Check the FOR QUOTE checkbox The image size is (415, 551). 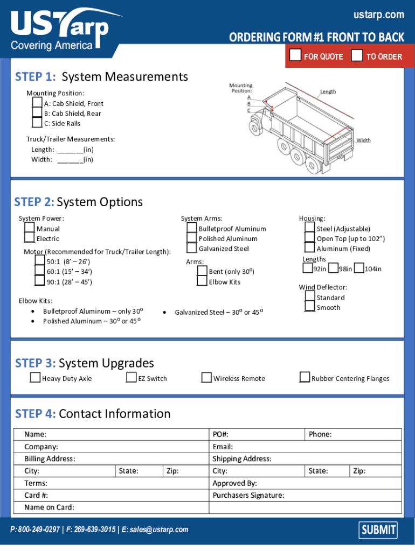click(x=295, y=55)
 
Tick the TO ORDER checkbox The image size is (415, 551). click(x=357, y=55)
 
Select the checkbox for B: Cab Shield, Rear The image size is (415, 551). click(x=37, y=113)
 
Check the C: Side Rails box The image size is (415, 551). click(x=37, y=123)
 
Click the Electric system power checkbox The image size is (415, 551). click(x=29, y=238)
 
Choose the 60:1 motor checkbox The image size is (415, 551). click(x=39, y=271)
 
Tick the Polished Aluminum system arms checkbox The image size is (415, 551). click(x=192, y=238)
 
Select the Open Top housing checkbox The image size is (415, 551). click(x=309, y=238)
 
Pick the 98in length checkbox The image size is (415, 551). click(x=333, y=268)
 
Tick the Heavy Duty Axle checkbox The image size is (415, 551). click(x=35, y=378)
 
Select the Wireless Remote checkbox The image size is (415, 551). click(x=206, y=378)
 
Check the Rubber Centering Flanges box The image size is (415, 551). click(x=305, y=378)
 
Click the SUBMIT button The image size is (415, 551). click(x=378, y=530)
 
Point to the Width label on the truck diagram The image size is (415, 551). click(x=363, y=140)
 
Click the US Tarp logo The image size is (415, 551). click(x=59, y=30)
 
